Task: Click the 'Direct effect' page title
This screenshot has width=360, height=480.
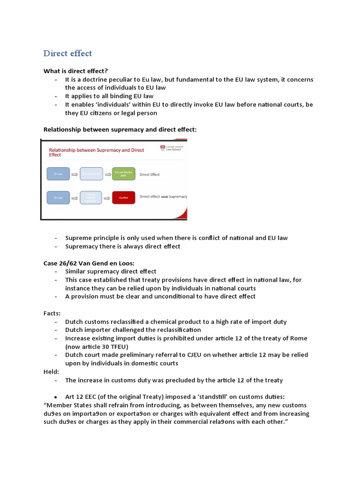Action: click(67, 53)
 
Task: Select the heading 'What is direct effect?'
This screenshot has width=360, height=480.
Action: click(75, 71)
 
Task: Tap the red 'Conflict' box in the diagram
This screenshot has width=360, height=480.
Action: click(124, 197)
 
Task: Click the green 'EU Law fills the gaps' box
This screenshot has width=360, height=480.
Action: click(124, 174)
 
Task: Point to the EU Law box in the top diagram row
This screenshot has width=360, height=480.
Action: click(58, 174)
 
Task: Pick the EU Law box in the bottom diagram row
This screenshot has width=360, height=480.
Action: click(58, 197)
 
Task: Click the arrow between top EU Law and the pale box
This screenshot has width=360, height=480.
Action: click(75, 174)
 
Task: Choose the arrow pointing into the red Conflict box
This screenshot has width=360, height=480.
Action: click(107, 197)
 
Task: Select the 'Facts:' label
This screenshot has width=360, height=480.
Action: click(52, 313)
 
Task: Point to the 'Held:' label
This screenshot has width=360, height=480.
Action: click(52, 372)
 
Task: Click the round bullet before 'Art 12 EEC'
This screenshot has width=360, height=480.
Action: click(56, 397)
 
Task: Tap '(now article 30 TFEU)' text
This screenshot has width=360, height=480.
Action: click(98, 346)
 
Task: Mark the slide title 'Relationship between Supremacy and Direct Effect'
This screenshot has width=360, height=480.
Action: click(97, 151)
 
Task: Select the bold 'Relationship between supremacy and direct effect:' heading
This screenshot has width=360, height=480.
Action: click(120, 129)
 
